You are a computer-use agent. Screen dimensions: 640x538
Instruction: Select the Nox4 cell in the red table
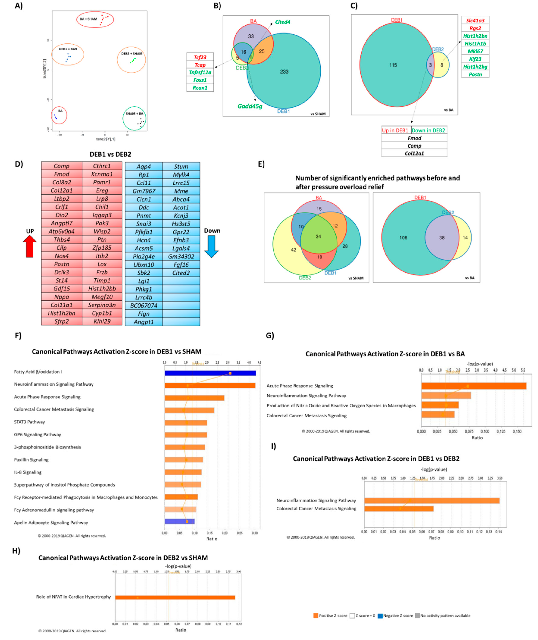click(x=62, y=256)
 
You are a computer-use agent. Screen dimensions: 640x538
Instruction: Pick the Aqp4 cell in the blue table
click(x=144, y=166)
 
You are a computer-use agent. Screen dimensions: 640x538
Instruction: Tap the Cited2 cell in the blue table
click(x=181, y=273)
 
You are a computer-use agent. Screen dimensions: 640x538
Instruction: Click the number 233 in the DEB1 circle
click(x=284, y=71)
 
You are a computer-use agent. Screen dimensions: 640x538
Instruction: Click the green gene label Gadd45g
click(x=250, y=106)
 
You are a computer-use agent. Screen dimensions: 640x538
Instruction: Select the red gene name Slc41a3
click(x=475, y=21)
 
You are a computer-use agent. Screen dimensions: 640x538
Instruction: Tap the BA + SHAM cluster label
click(x=89, y=19)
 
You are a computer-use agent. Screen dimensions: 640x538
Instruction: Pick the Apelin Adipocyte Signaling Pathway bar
click(x=179, y=521)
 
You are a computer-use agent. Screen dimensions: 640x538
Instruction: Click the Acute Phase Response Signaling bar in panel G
click(x=474, y=386)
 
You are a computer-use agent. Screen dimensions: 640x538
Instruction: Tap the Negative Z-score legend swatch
click(x=380, y=616)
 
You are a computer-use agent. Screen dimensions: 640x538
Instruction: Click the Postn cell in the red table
click(x=62, y=264)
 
